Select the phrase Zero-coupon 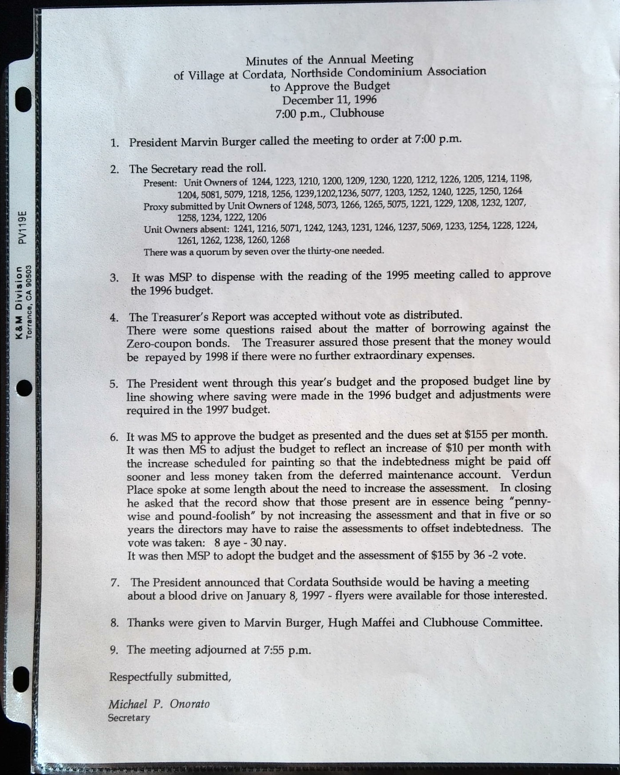click(155, 344)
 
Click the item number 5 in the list click(114, 384)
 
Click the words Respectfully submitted click(170, 676)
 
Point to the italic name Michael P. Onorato click(159, 704)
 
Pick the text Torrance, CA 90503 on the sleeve click(29, 302)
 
